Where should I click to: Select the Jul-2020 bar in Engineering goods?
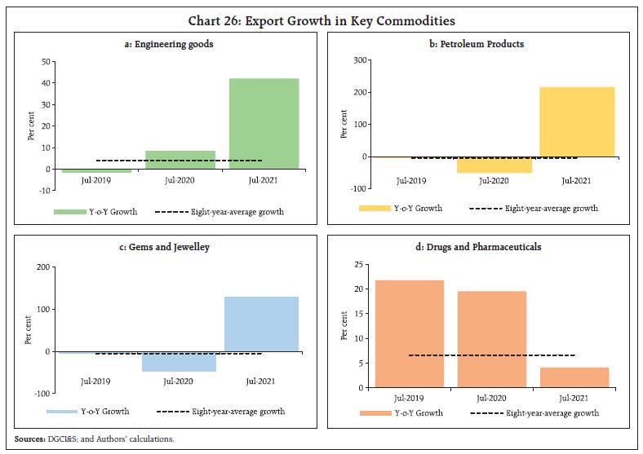[x=180, y=160]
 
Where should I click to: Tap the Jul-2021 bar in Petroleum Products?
[x=577, y=121]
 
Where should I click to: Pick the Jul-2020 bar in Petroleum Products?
[x=494, y=165]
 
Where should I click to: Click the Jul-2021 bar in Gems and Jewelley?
[x=264, y=324]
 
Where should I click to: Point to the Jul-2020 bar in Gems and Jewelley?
[x=180, y=361]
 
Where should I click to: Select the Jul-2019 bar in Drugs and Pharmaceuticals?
[x=410, y=333]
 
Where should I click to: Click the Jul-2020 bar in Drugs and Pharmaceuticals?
[x=492, y=339]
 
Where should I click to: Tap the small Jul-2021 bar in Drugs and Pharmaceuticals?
[x=574, y=377]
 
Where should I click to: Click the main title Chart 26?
[x=321, y=20]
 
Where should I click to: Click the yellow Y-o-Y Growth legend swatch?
[x=375, y=209]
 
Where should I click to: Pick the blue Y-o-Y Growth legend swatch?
[x=62, y=412]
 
